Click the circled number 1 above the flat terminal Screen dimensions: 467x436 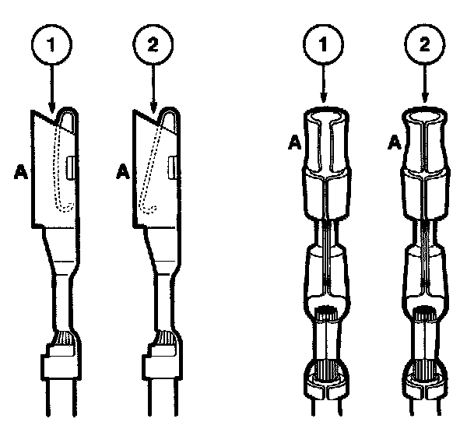point(52,44)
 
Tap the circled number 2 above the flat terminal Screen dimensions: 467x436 point(153,44)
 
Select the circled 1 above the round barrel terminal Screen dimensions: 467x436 point(324,44)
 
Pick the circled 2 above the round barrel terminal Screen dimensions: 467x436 point(425,44)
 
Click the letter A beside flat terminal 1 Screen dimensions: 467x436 point(20,173)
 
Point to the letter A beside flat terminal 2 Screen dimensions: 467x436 point(123,172)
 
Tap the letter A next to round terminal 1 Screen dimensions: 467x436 point(294,142)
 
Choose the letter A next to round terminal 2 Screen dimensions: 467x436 point(395,142)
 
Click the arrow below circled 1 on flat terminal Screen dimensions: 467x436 point(52,88)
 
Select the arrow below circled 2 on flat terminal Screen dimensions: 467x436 point(153,88)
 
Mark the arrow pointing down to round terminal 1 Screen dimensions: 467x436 point(324,84)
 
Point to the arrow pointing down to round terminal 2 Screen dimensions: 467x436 point(425,84)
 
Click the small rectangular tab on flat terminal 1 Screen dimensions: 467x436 point(70,168)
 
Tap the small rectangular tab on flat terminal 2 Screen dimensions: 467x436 point(172,167)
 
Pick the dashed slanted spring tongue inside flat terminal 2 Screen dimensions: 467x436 point(151,167)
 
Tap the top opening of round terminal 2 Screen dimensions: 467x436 point(424,117)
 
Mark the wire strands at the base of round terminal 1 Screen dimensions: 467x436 point(326,371)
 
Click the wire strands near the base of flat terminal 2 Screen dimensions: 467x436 point(166,337)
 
